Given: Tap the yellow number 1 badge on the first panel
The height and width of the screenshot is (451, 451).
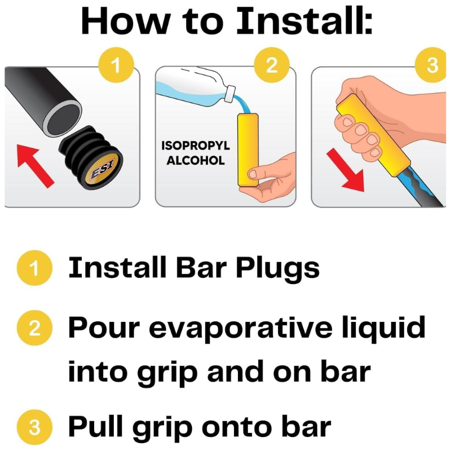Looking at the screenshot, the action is point(116,65).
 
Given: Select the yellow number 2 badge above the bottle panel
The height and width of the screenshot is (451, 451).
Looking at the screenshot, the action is point(272,65).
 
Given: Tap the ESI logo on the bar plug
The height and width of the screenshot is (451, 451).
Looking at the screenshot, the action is point(103,170).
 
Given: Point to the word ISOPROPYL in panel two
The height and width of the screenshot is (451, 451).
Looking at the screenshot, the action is point(196,145).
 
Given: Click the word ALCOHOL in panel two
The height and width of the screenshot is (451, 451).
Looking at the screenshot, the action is point(196,161).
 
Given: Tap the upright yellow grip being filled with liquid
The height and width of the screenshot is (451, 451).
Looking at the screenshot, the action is point(247,150).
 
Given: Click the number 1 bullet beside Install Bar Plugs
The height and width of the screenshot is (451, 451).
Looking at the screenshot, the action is point(34,268).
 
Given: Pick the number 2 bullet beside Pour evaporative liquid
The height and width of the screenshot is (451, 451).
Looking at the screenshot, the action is point(34,328).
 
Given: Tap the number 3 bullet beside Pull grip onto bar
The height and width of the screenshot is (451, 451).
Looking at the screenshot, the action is point(34,427).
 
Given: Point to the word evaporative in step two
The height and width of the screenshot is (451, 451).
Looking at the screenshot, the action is point(240,329).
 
